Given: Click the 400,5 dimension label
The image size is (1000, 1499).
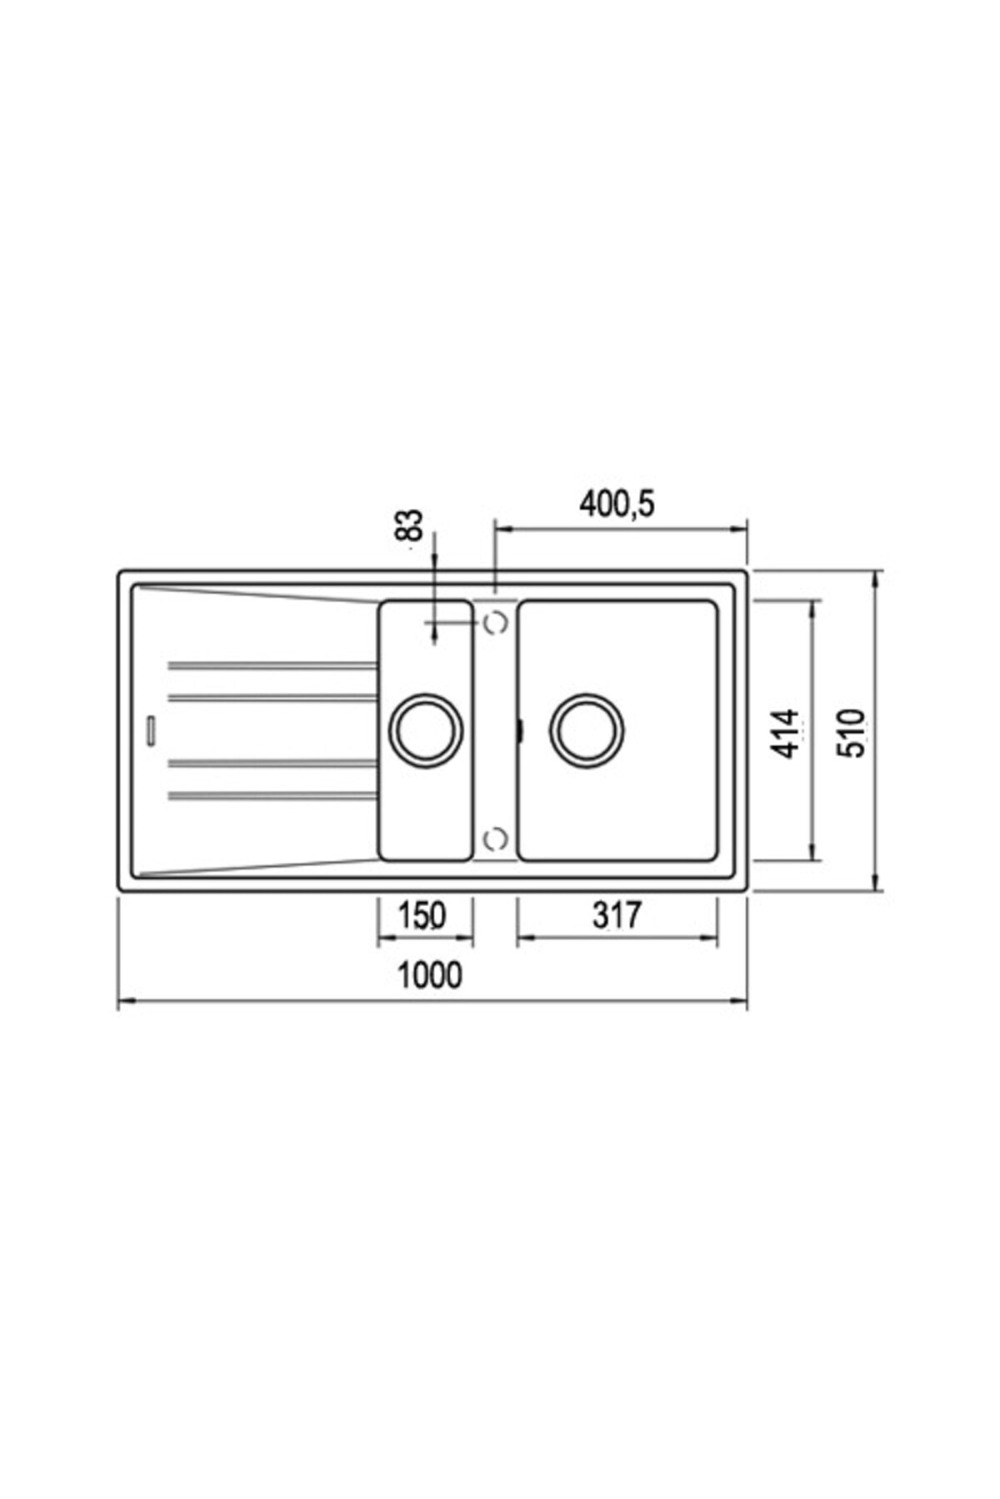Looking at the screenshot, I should point(617,504).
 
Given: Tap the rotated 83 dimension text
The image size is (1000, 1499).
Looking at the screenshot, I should point(410,525).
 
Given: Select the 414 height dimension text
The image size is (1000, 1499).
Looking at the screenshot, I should point(785,733).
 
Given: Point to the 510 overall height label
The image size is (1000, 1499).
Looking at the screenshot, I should point(852,733).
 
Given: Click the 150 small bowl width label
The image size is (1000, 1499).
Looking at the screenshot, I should point(421,914).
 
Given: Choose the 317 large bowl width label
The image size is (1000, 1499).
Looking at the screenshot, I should point(617,914).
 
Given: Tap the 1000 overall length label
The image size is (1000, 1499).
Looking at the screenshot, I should point(429,974).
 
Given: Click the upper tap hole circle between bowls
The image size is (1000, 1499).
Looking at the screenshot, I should point(497,623).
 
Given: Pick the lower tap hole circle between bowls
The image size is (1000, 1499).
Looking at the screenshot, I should point(497,839).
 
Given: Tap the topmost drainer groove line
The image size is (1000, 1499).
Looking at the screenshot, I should point(272,665).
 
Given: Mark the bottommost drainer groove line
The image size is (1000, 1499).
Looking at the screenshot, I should point(272,796).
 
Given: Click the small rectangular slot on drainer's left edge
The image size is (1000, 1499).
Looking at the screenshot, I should point(151,730).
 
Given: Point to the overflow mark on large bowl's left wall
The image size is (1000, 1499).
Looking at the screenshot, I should point(520,730).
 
